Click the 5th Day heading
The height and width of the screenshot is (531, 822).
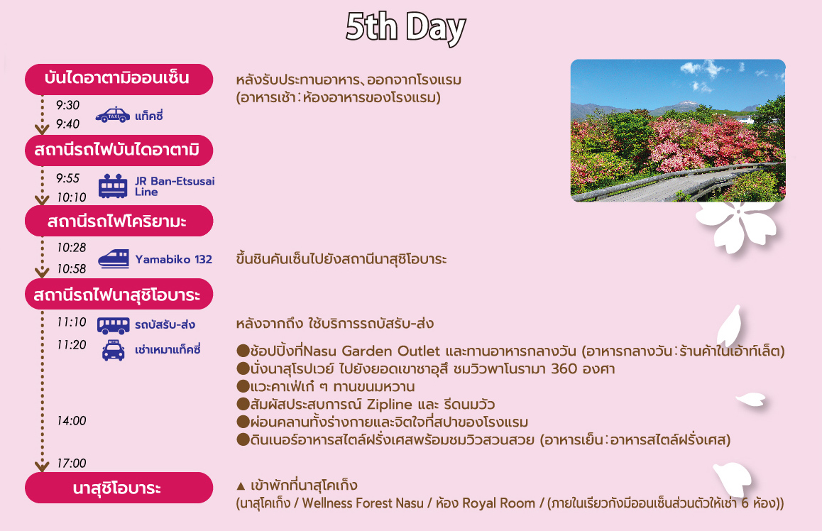(406, 27)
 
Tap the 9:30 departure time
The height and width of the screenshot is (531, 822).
(67, 105)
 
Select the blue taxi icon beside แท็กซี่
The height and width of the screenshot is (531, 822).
(113, 115)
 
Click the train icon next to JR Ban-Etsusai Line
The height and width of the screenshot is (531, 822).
(113, 186)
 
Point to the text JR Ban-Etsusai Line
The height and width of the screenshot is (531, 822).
(175, 186)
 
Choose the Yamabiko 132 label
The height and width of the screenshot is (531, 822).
(173, 259)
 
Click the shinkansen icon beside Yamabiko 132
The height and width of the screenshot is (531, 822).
(114, 259)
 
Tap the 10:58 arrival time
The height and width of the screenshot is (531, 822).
(71, 269)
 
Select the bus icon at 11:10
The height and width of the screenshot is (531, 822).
(114, 325)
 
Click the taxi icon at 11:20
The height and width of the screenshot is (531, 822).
(114, 350)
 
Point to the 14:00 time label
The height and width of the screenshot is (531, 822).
(71, 420)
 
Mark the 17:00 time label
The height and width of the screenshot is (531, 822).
(71, 464)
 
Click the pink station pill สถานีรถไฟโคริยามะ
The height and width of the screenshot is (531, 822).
(119, 221)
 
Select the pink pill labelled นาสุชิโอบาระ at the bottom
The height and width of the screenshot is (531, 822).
(119, 488)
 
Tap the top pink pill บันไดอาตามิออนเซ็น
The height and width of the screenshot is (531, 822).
(119, 79)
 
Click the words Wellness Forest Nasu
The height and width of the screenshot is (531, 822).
(363, 503)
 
